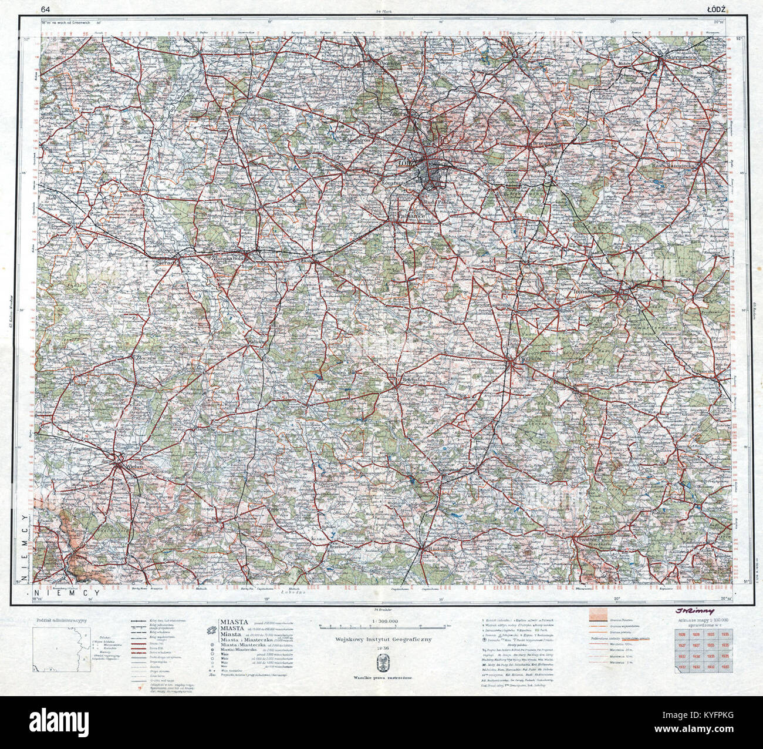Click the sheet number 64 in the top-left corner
coord(45,8)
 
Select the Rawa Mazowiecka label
coord(674,167)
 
